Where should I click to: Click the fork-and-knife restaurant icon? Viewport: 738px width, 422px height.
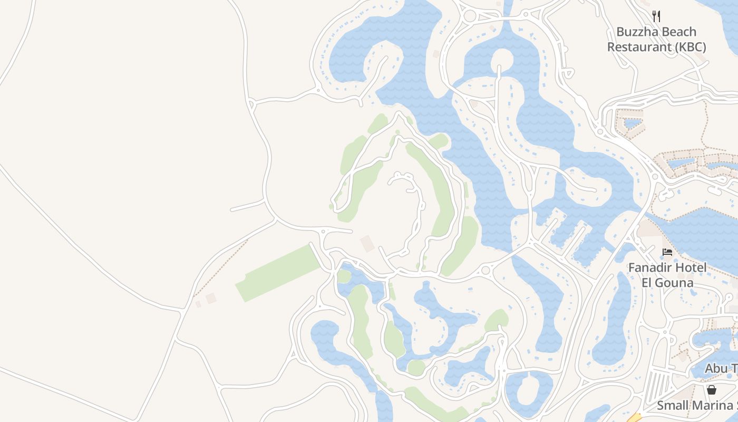pos(656,16)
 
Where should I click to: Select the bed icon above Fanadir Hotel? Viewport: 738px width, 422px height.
pos(667,252)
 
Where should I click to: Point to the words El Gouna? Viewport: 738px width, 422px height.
pos(667,283)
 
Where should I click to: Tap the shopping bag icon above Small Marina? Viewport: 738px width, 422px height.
pos(712,390)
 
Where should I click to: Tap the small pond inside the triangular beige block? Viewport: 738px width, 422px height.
pos(632,124)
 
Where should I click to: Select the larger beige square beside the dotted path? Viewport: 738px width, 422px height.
pos(211,299)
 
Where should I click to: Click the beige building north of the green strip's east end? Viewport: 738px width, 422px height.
pos(367,244)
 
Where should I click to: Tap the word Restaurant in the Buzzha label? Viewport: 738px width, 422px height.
pos(639,47)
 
